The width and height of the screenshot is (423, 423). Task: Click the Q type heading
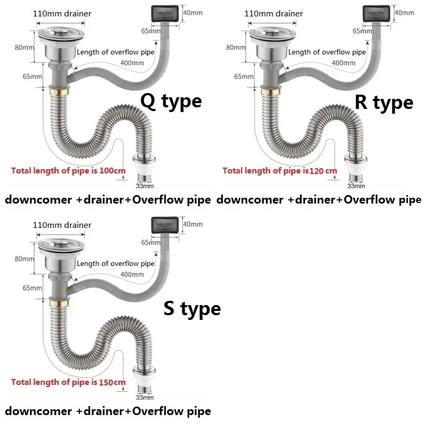click(171, 102)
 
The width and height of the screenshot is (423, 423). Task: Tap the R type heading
click(384, 103)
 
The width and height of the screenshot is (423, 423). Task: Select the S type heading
click(192, 308)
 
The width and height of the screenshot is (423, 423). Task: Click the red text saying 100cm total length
click(68, 171)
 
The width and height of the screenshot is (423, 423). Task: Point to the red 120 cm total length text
click(280, 171)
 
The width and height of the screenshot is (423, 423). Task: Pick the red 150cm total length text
click(68, 382)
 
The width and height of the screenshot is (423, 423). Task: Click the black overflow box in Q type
click(165, 13)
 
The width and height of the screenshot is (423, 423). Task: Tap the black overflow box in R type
click(376, 13)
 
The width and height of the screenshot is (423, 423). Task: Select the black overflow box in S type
click(165, 225)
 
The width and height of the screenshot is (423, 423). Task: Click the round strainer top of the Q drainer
click(61, 34)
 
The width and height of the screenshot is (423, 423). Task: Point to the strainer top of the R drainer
click(273, 34)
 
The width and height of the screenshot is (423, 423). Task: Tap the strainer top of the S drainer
click(61, 245)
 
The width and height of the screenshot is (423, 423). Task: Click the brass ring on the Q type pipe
click(59, 92)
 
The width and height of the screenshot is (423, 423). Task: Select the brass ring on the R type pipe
click(271, 92)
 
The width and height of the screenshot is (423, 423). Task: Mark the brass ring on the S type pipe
click(59, 304)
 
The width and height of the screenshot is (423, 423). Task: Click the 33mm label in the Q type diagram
click(144, 186)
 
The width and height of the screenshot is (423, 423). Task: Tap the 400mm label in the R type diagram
click(343, 63)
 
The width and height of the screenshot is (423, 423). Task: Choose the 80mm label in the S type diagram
click(24, 259)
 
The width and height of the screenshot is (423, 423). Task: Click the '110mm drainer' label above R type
click(273, 14)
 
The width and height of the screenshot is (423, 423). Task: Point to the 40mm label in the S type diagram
click(193, 224)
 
